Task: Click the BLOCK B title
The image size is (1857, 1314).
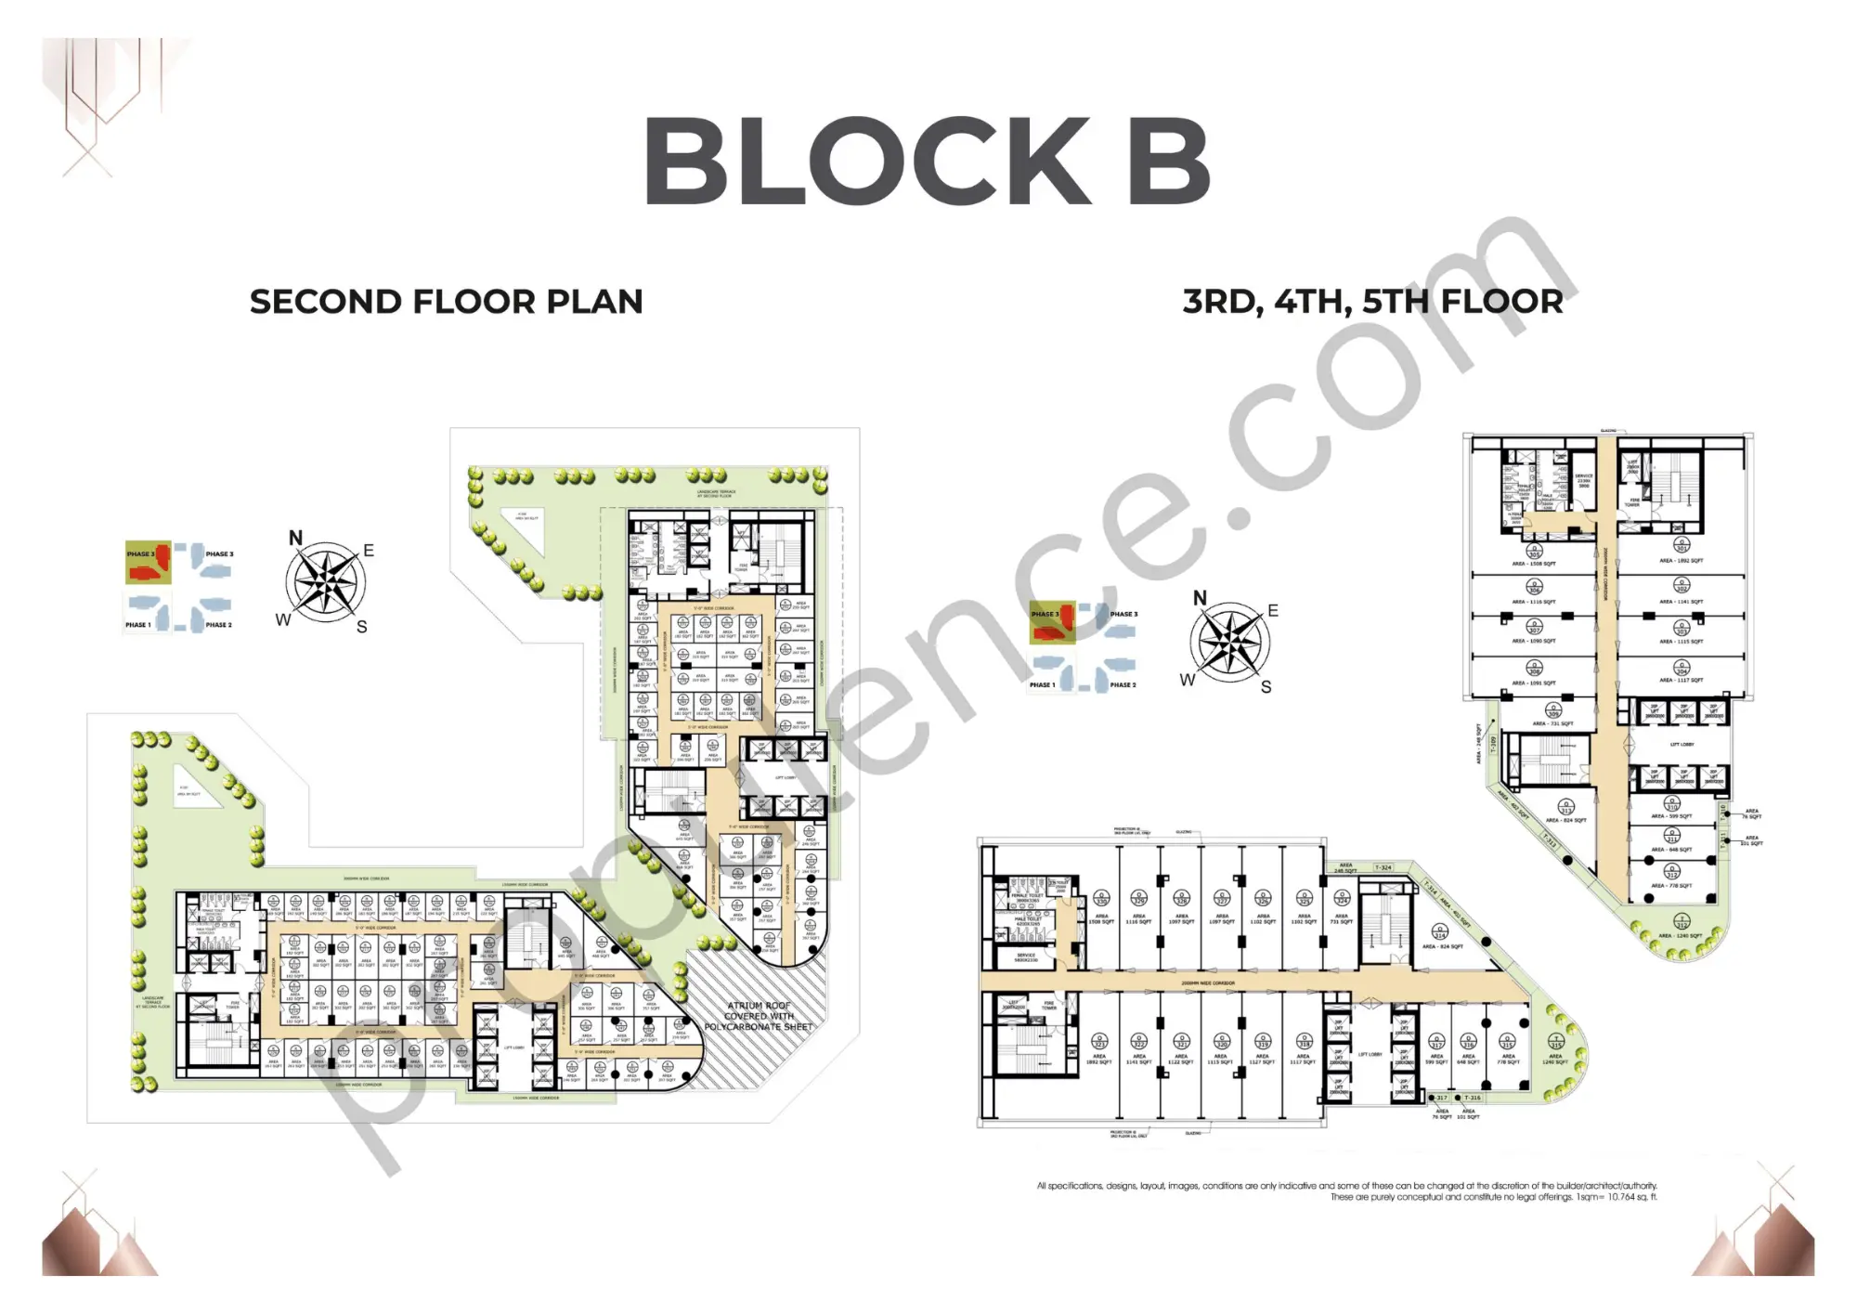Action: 927,162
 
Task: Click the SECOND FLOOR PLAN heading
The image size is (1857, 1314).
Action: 446,302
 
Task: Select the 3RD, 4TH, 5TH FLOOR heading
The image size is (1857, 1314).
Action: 1372,302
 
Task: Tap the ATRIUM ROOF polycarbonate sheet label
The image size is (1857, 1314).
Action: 758,1016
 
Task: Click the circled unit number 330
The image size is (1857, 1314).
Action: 1101,899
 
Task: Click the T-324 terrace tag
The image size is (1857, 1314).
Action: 1383,867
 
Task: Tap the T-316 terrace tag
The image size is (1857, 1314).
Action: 1473,1098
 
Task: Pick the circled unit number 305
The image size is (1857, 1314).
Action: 1534,549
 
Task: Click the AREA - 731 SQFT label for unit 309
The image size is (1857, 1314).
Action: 1552,723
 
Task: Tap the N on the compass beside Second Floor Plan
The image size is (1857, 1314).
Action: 295,538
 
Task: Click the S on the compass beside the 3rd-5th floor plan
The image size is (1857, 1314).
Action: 1266,687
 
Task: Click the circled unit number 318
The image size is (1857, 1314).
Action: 1303,1042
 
